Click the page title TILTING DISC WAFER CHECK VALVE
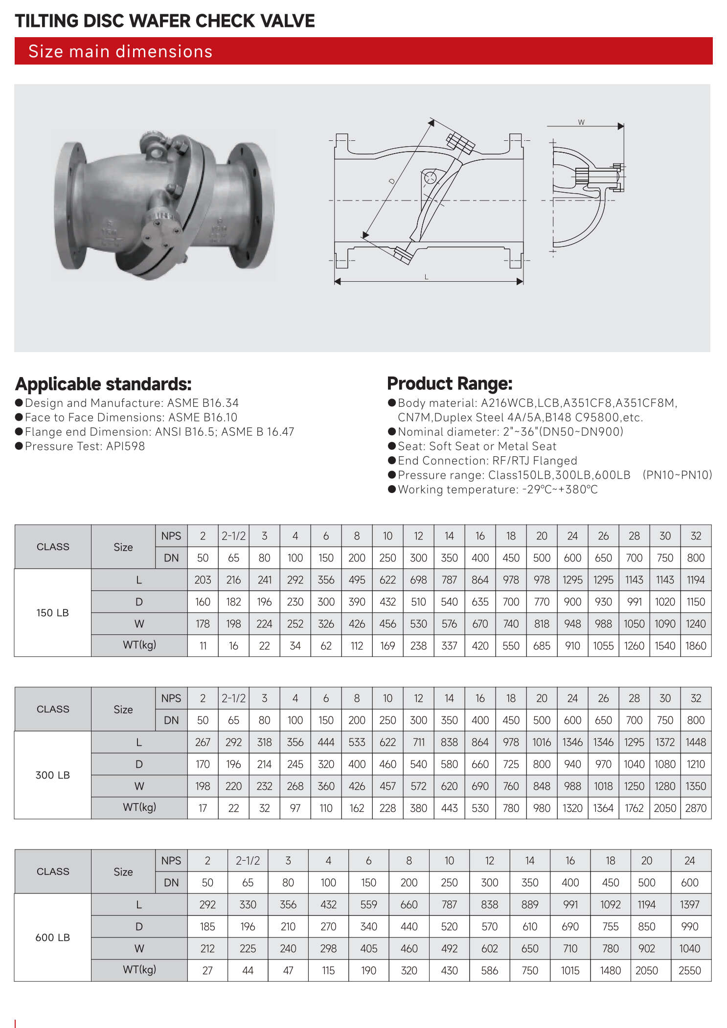click(x=165, y=21)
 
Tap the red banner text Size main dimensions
click(x=120, y=51)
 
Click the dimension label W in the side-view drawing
click(x=581, y=122)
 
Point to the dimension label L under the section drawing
click(x=426, y=277)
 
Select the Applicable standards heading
click(x=103, y=384)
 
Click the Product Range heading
click(x=450, y=383)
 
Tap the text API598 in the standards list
click(x=126, y=446)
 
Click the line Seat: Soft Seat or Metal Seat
click(x=477, y=446)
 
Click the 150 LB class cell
click(x=52, y=613)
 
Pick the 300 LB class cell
click(x=52, y=775)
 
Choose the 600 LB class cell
click(x=52, y=938)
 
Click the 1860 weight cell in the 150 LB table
click(x=696, y=646)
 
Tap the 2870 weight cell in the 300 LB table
click(x=696, y=808)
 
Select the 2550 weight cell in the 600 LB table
click(x=689, y=970)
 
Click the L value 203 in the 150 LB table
click(x=203, y=580)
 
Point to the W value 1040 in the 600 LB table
click(x=689, y=948)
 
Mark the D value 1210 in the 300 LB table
click(x=696, y=764)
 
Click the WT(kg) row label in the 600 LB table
click(x=139, y=969)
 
